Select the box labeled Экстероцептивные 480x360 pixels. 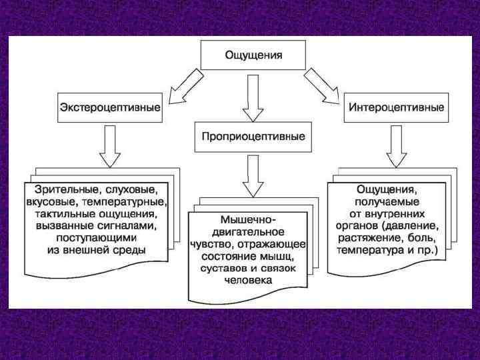(x=110, y=108)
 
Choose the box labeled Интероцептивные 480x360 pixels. (x=395, y=108)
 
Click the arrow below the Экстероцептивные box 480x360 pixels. (x=109, y=147)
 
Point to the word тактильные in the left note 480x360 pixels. (x=64, y=214)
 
